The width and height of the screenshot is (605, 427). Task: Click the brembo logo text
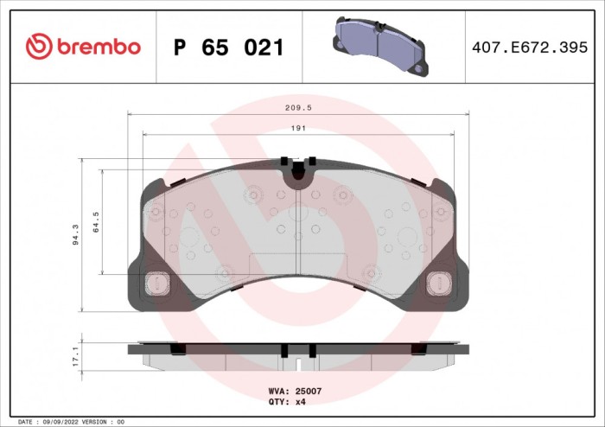click(x=99, y=47)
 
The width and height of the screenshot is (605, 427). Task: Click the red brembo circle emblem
click(x=40, y=47)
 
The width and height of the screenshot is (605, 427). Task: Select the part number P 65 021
click(x=228, y=48)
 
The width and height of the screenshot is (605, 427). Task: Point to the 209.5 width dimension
click(x=298, y=108)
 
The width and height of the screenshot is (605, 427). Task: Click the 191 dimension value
click(x=297, y=128)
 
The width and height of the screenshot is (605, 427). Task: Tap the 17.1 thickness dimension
click(x=76, y=354)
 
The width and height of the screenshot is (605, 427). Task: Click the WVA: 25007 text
click(x=296, y=391)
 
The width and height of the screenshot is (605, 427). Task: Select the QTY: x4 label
click(x=289, y=402)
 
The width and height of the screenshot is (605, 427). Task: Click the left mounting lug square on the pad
click(x=157, y=284)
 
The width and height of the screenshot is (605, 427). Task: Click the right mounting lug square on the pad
click(x=438, y=284)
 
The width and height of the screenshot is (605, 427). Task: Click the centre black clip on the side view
click(x=283, y=350)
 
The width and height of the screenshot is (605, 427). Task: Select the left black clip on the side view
click(x=177, y=348)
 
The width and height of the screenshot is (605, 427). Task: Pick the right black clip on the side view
click(x=417, y=348)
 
